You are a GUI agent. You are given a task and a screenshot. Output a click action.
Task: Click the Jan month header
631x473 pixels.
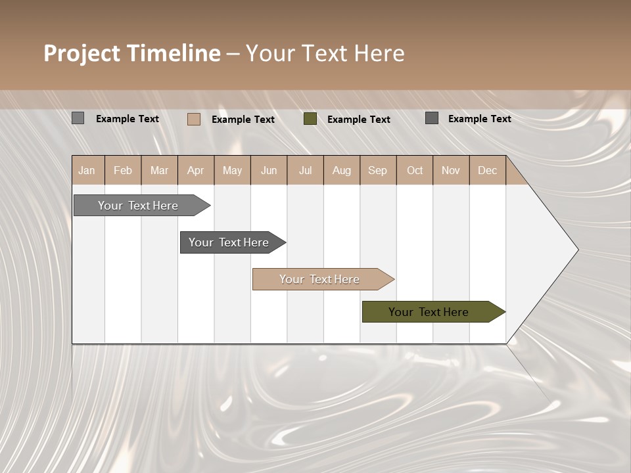pyautogui.click(x=87, y=170)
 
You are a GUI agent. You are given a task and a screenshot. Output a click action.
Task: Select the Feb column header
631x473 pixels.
pyautogui.click(x=123, y=170)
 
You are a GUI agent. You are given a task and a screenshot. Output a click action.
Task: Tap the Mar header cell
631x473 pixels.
pyautogui.click(x=159, y=170)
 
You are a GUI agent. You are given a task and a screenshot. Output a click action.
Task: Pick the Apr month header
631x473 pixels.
pyautogui.click(x=195, y=170)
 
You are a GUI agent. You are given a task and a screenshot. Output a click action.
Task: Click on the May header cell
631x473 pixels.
pyautogui.click(x=232, y=170)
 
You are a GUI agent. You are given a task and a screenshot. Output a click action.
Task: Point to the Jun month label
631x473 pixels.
pyautogui.click(x=269, y=170)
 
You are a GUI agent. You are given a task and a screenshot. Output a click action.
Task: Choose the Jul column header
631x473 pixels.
pyautogui.click(x=305, y=170)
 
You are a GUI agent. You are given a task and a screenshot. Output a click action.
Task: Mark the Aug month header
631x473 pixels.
pyautogui.click(x=341, y=170)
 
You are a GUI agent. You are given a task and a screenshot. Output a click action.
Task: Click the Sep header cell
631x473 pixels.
pyautogui.click(x=377, y=170)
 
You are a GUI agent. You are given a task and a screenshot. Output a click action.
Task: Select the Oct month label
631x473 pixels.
pyautogui.click(x=415, y=170)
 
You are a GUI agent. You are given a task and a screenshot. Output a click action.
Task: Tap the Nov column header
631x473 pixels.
pyautogui.click(x=451, y=170)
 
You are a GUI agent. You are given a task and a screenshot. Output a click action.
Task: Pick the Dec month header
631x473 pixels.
pyautogui.click(x=487, y=170)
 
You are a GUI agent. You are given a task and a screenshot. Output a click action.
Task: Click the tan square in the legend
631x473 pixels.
pyautogui.click(x=194, y=119)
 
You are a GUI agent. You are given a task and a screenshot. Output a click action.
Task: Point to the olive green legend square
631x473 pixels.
pyautogui.click(x=310, y=119)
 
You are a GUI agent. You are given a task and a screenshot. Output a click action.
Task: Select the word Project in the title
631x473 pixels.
pyautogui.click(x=82, y=53)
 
